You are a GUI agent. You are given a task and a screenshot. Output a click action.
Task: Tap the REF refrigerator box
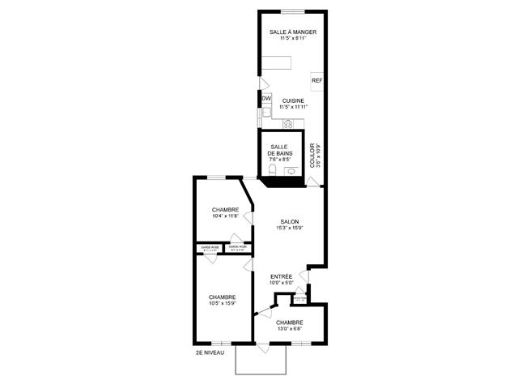(x=316, y=81)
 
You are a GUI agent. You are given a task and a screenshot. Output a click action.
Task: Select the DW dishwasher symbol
(x=265, y=99)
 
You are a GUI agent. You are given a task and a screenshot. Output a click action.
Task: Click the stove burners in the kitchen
(x=287, y=123)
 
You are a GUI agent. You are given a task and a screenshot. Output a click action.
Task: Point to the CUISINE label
(x=293, y=100)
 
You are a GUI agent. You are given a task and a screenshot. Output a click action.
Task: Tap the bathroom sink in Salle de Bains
(x=290, y=171)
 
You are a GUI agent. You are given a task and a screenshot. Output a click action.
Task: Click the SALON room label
(x=289, y=222)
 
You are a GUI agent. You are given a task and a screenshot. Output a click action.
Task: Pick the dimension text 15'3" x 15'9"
(x=289, y=228)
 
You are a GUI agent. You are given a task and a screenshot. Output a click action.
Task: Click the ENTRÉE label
(x=281, y=276)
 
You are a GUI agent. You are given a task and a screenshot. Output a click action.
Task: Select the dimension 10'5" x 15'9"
(x=222, y=304)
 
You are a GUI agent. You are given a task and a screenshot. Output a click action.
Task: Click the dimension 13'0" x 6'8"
(x=289, y=328)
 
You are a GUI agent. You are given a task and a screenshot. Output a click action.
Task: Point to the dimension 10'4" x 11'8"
(x=225, y=216)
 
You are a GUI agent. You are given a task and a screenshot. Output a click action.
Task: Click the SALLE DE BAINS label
(x=281, y=151)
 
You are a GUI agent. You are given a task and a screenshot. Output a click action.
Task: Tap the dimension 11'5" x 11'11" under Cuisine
(x=293, y=106)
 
